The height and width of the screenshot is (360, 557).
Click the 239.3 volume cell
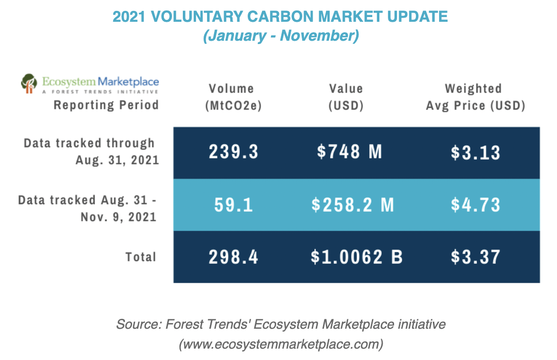(x=234, y=153)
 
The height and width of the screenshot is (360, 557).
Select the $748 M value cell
(x=349, y=152)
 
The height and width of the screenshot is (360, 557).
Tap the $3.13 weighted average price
(x=476, y=153)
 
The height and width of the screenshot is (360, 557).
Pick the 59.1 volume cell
(x=234, y=205)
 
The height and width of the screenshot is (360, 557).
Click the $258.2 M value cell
(x=352, y=205)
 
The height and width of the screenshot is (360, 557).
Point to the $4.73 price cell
(x=476, y=205)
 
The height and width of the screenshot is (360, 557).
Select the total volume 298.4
(x=234, y=257)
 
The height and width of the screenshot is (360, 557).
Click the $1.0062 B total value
(x=357, y=257)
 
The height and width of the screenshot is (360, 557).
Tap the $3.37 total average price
(x=476, y=257)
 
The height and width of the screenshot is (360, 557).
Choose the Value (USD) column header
(x=346, y=97)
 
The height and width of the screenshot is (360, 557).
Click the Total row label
(x=141, y=257)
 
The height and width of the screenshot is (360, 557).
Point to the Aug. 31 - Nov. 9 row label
(x=87, y=208)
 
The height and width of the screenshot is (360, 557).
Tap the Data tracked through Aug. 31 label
(x=90, y=151)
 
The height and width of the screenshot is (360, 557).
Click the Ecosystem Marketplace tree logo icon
(x=29, y=83)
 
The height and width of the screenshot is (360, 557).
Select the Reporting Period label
(x=106, y=104)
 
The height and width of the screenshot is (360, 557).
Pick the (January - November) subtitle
(x=280, y=36)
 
